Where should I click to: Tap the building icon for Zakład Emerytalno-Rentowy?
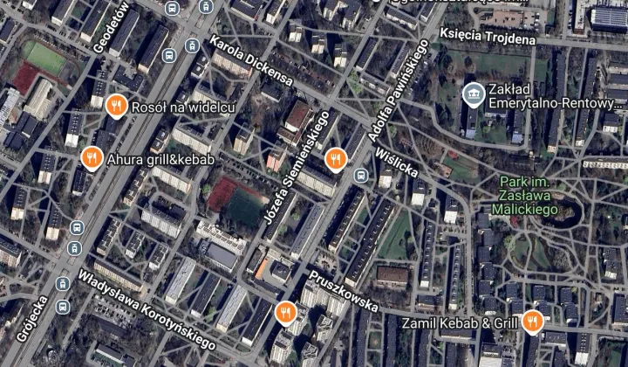473,93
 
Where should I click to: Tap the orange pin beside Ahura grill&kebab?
91,158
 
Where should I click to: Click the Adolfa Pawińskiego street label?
394,96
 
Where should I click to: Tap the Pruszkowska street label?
343,291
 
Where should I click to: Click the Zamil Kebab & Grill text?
461,323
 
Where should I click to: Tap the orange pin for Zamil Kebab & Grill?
531,322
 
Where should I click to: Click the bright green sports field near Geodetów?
44,58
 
